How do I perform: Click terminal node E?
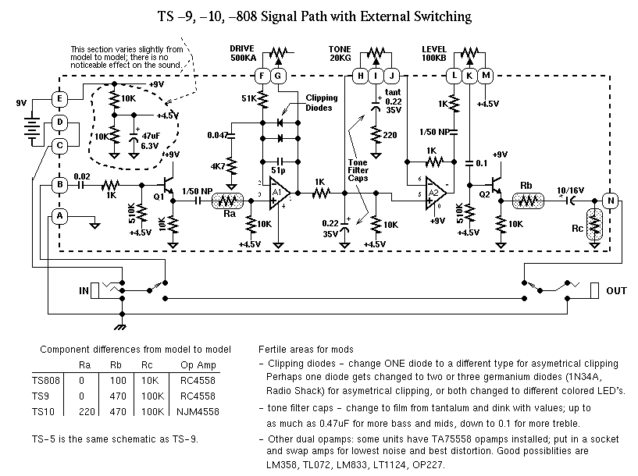(x=59, y=98)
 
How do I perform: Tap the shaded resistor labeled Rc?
(x=597, y=227)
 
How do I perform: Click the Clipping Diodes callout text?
(x=323, y=103)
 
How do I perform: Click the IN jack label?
(x=83, y=290)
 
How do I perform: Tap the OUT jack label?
(x=617, y=291)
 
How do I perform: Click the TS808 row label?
(x=46, y=381)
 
